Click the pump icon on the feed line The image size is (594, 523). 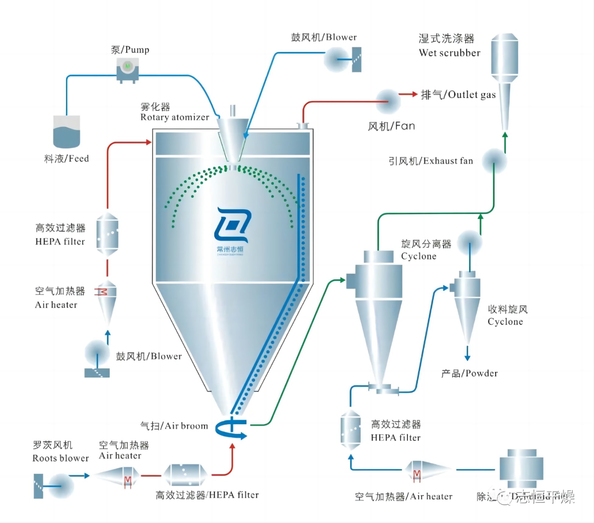click(x=128, y=69)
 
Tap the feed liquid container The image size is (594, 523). click(x=66, y=133)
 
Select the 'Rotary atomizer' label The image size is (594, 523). click(x=175, y=117)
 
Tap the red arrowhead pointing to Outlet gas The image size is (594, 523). click(x=414, y=94)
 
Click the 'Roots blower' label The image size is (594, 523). click(x=60, y=458)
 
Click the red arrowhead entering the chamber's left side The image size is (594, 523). click(x=149, y=142)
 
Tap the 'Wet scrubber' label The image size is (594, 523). click(x=449, y=53)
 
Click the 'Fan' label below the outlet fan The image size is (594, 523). click(x=391, y=126)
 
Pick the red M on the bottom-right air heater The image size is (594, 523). click(x=417, y=475)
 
